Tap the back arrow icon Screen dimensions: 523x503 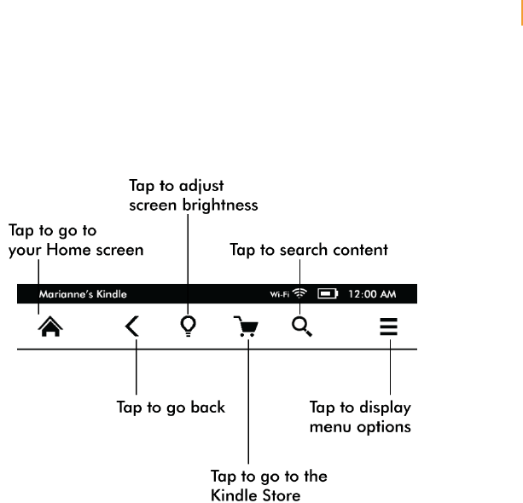pyautogui.click(x=132, y=327)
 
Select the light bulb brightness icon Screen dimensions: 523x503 pyautogui.click(x=189, y=327)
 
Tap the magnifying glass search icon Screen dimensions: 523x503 pyautogui.click(x=302, y=327)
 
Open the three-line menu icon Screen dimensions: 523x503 pyautogui.click(x=389, y=327)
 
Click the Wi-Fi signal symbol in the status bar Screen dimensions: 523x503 pyautogui.click(x=299, y=294)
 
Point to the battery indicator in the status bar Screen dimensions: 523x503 pyautogui.click(x=328, y=294)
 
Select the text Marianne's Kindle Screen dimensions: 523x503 pyautogui.click(x=83, y=294)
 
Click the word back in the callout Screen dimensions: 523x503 pyautogui.click(x=208, y=407)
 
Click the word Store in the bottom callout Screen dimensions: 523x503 pyautogui.click(x=281, y=494)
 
